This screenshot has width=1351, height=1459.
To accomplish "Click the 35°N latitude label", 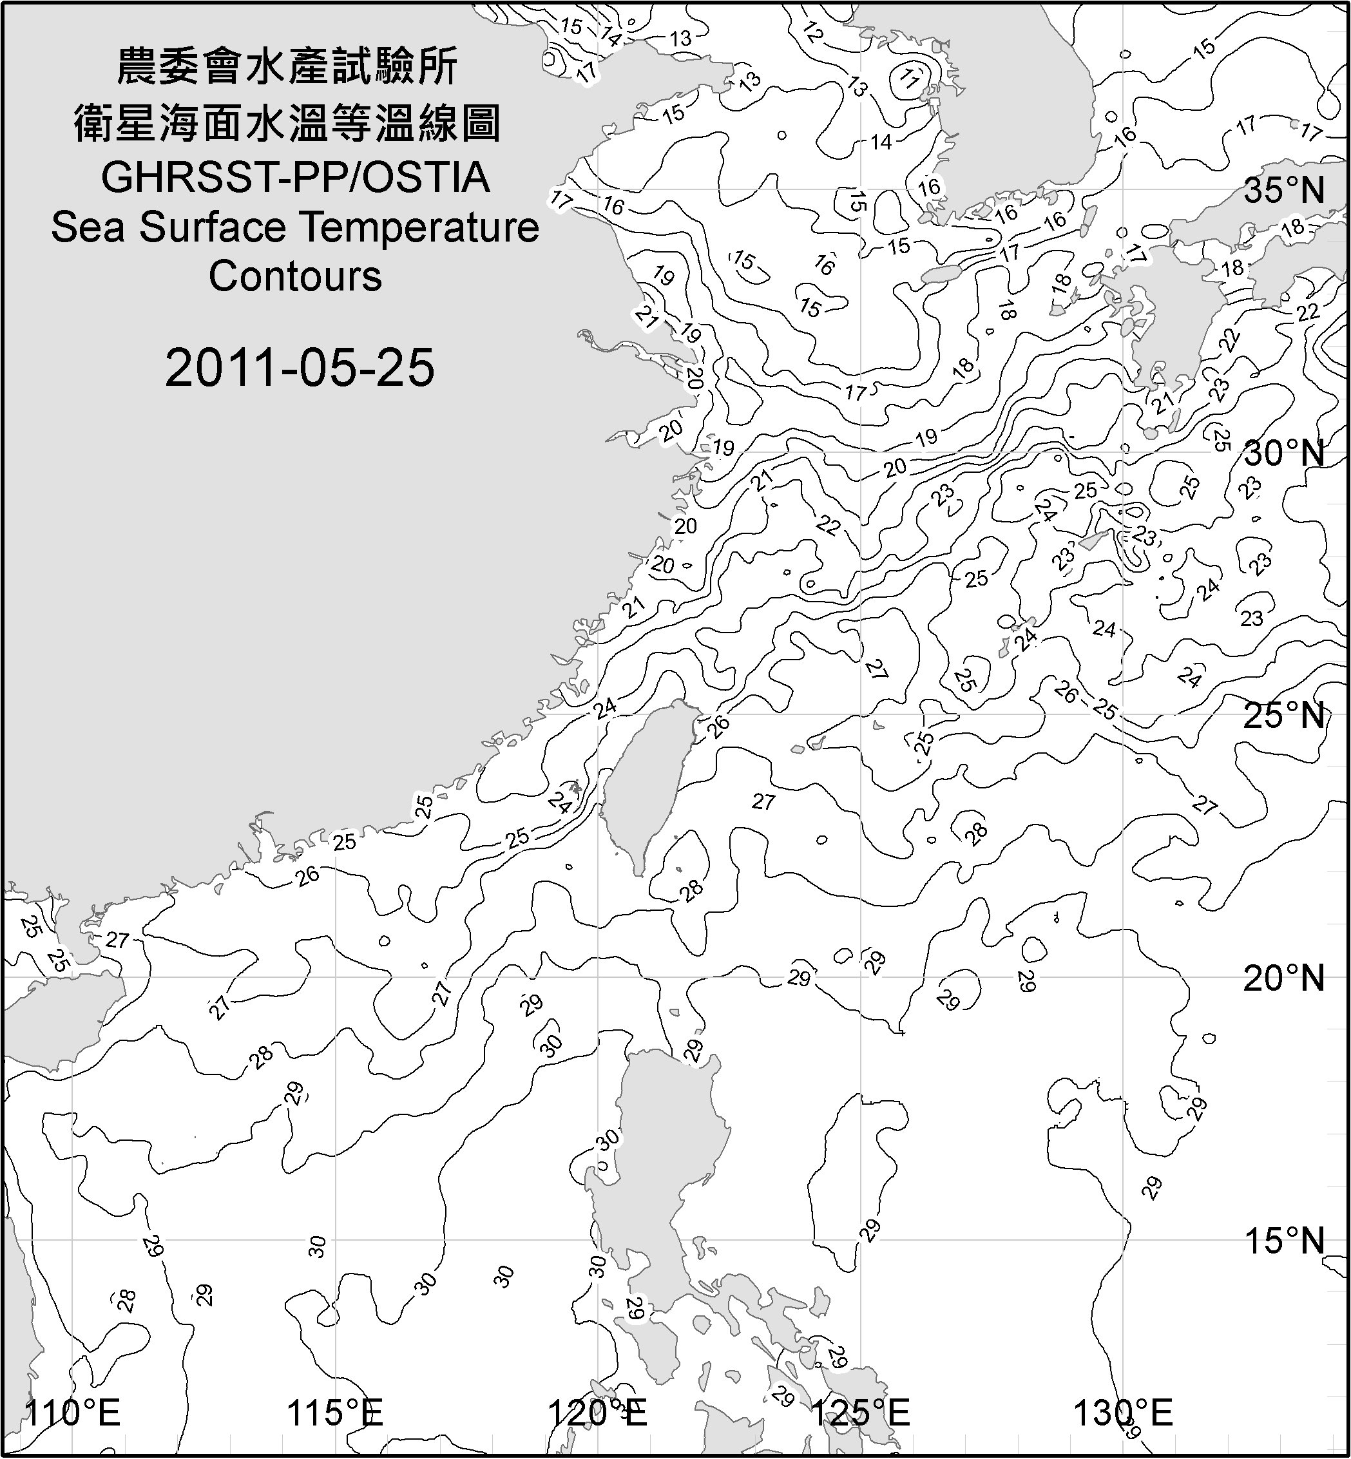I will pos(1285,191).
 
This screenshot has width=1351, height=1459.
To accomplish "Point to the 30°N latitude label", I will pos(1285,454).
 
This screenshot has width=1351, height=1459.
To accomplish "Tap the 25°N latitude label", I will pos(1285,716).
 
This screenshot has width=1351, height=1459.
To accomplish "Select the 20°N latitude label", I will pos(1285,978).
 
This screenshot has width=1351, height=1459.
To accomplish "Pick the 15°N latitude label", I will pos(1285,1241).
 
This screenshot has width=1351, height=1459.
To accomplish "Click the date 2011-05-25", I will pos(300,368).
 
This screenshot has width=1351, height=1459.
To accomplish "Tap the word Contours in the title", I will pos(295,276).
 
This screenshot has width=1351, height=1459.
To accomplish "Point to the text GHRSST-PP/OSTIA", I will pos(295,178).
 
